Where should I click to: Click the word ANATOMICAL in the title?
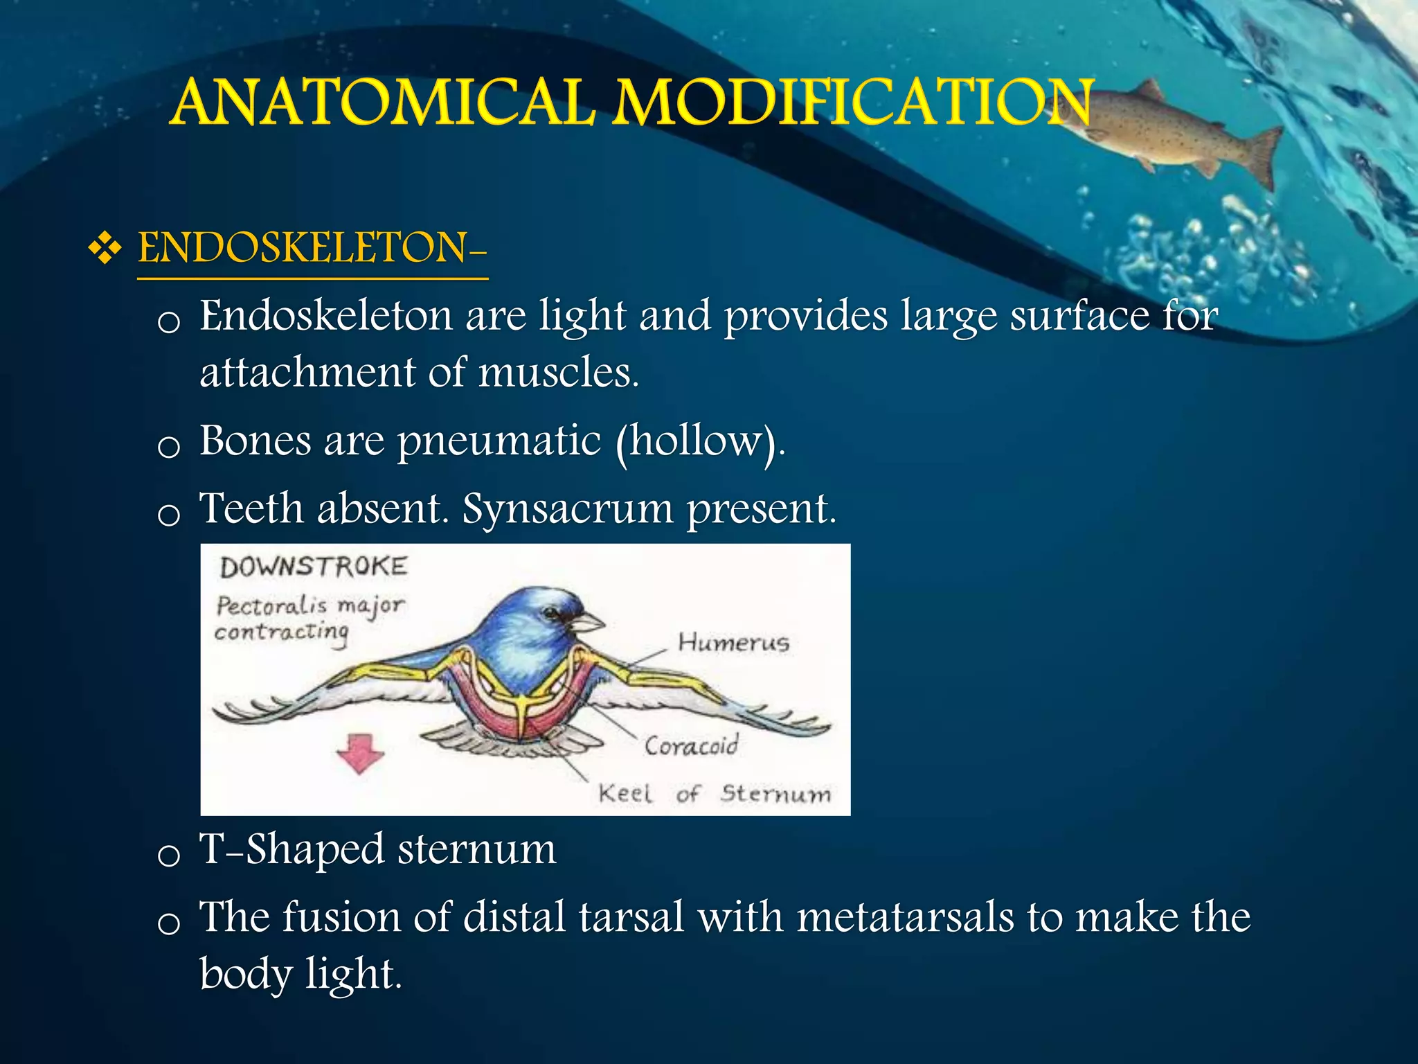383,103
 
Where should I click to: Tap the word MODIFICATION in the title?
853,103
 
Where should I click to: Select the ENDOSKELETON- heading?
312,248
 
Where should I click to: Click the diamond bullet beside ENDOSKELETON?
105,248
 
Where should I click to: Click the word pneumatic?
499,441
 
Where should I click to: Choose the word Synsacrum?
568,509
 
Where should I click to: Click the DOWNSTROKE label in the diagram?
314,567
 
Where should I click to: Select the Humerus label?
733,642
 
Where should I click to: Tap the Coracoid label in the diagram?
691,746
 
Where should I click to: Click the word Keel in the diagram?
625,793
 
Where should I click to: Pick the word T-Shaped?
291,849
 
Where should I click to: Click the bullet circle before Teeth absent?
168,515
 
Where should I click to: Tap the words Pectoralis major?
310,606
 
